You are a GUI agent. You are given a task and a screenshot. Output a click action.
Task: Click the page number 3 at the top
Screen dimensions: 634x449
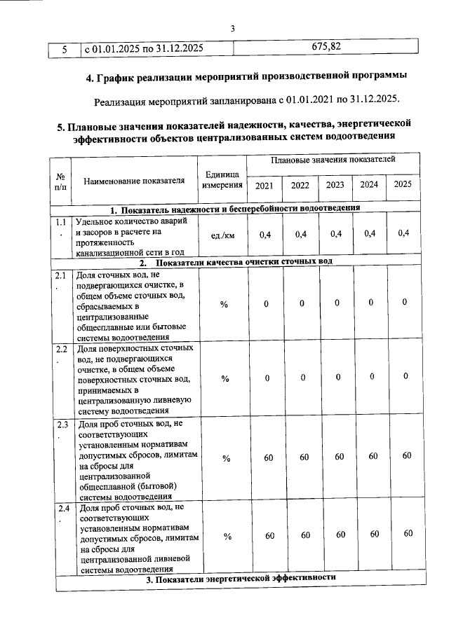pos(232,28)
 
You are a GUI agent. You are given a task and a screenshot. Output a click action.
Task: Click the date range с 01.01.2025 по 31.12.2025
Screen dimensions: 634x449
pos(144,49)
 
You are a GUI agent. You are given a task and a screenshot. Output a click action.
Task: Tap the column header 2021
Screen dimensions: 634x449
pos(264,186)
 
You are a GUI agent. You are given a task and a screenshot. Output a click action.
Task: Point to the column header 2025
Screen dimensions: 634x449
pos(402,185)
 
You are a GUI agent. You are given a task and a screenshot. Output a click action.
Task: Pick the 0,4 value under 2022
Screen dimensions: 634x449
pos(301,234)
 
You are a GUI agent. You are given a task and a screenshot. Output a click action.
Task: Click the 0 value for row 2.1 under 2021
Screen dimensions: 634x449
pos(266,303)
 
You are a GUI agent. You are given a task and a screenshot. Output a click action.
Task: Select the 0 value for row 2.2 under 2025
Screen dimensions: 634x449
pos(405,377)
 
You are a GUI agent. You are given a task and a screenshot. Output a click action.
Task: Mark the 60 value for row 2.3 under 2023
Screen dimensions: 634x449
pos(338,457)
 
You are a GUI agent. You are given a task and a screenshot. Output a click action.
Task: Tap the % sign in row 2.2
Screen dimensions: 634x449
pos(226,378)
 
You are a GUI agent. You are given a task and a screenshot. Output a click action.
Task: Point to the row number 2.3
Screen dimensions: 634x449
pos(62,425)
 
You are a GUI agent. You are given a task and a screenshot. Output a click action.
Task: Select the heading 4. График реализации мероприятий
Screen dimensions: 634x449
pos(241,76)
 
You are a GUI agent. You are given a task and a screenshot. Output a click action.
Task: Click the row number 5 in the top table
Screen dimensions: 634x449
pos(64,49)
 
